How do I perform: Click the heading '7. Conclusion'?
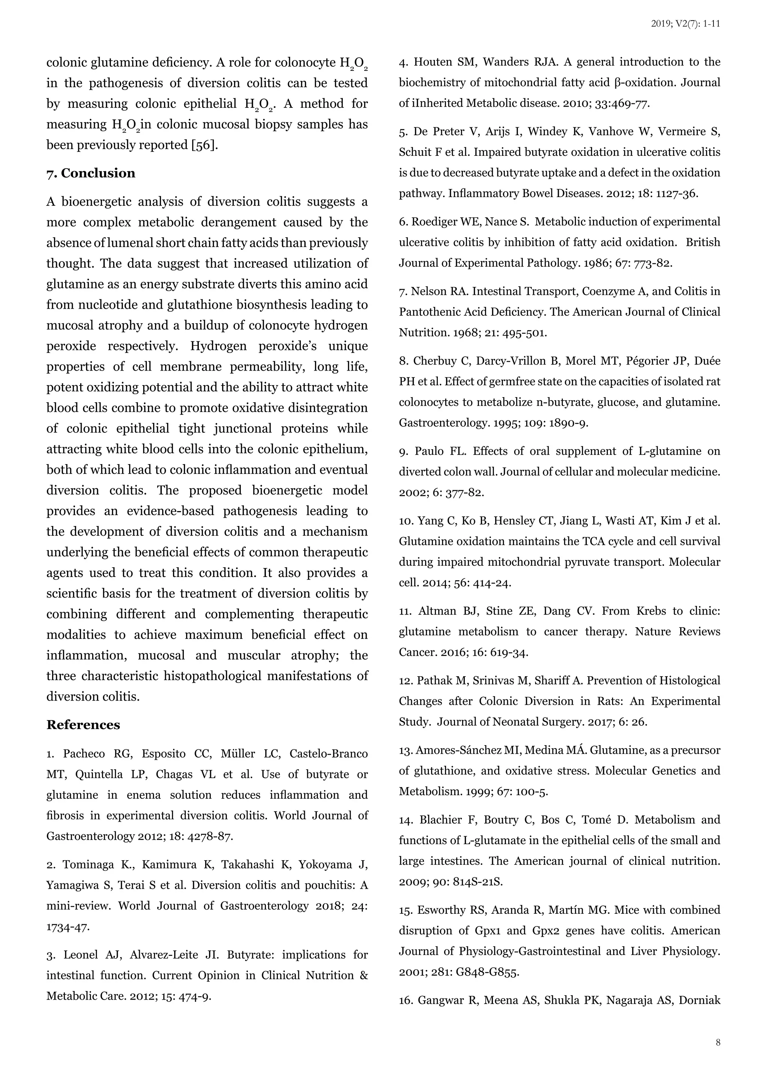[91, 173]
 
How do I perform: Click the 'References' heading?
[83, 725]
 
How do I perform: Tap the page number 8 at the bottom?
[718, 1042]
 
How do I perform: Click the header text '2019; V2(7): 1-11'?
[685, 24]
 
